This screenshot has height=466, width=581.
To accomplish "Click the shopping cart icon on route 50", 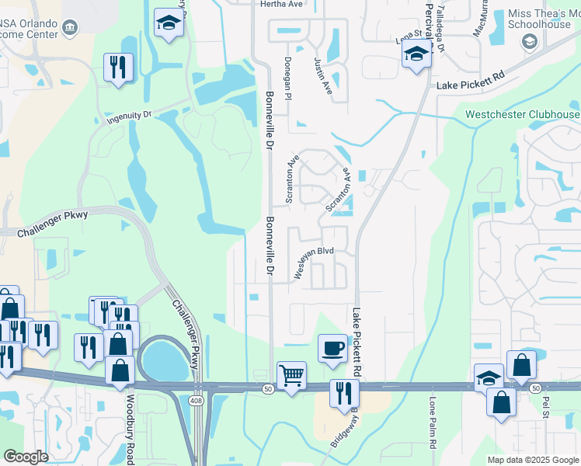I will coord(292,376).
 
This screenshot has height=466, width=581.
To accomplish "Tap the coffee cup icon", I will coord(332,346).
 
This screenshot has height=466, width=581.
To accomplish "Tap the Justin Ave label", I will coord(323,76).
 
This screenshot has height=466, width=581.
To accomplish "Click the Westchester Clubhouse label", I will coord(522,115).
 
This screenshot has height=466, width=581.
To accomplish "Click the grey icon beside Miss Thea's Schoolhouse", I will coord(531,41).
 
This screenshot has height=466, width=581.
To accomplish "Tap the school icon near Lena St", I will coord(416,54).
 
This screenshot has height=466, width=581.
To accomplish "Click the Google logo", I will coord(26,457).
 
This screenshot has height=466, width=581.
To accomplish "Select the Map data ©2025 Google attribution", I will coord(533,460).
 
